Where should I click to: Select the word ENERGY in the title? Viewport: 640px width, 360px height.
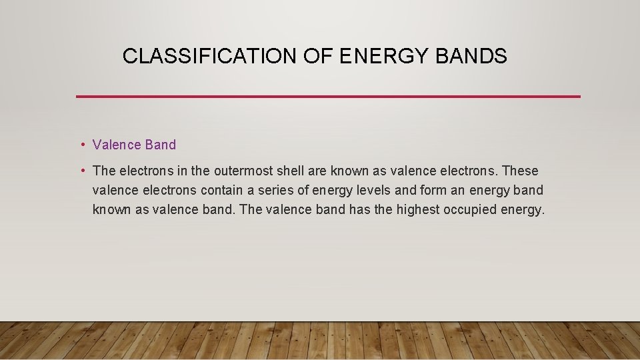coord(375,57)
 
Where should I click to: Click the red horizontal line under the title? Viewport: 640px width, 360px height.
coord(328,97)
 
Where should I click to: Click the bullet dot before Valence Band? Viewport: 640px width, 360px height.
coord(81,145)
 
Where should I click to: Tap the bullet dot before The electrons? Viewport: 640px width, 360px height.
coord(81,171)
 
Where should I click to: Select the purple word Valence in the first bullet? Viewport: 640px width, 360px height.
coord(117,145)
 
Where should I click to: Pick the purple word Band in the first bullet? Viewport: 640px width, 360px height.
coord(161,145)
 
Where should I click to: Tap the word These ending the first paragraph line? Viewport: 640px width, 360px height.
coord(521,171)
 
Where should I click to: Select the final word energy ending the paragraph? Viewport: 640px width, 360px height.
coord(523,209)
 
